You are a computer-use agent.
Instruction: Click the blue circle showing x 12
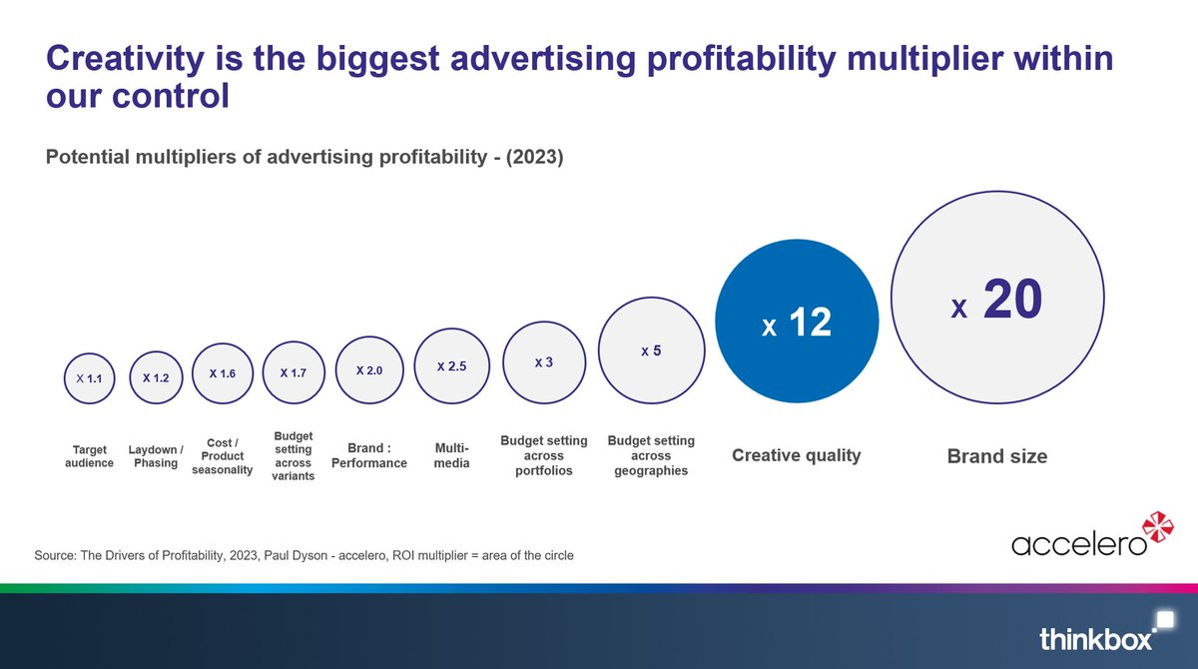pyautogui.click(x=797, y=322)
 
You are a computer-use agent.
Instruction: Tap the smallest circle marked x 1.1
pyautogui.click(x=89, y=378)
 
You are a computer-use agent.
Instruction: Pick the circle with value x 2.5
pyautogui.click(x=451, y=366)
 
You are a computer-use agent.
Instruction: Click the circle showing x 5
pyautogui.click(x=651, y=351)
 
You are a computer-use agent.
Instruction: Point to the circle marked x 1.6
pyautogui.click(x=222, y=373)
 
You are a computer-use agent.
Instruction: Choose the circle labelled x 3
pyautogui.click(x=544, y=361)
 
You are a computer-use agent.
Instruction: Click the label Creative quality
pyautogui.click(x=796, y=455)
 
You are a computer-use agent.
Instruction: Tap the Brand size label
pyautogui.click(x=996, y=456)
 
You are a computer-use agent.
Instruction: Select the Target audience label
pyautogui.click(x=89, y=456)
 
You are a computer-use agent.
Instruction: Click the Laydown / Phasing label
pyautogui.click(x=156, y=456)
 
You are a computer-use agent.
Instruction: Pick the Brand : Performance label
pyautogui.click(x=368, y=456)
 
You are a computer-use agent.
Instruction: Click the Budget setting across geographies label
pyautogui.click(x=650, y=455)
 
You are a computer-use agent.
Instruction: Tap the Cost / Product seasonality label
pyautogui.click(x=222, y=456)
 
